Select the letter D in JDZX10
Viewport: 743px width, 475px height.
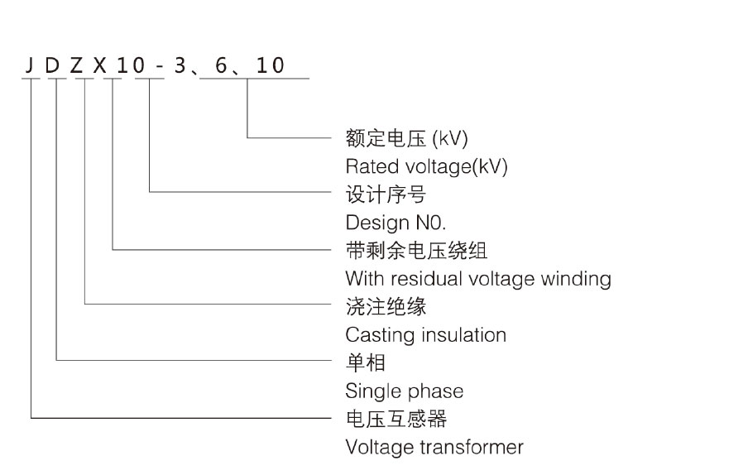click(x=53, y=65)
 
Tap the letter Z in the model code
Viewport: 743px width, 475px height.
click(x=76, y=65)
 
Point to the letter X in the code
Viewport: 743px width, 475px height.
click(x=99, y=65)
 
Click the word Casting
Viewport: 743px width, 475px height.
click(x=370, y=334)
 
